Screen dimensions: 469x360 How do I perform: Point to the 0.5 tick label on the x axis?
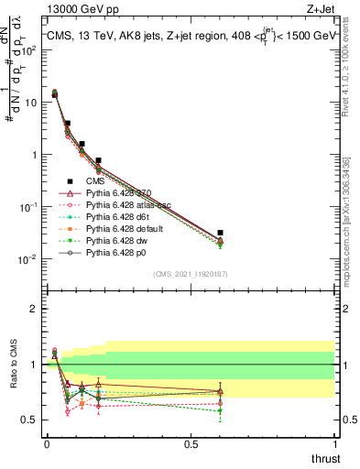(191, 444)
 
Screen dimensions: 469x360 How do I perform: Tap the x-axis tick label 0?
(47, 444)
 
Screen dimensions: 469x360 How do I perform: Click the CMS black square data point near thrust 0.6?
(220, 234)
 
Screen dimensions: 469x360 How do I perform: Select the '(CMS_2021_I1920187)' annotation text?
(191, 274)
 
